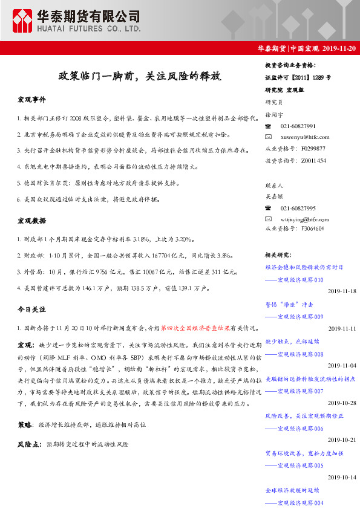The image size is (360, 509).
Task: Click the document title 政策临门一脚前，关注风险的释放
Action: [139, 76]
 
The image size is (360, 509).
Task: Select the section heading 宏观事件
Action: [31, 99]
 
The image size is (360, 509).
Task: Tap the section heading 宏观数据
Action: [31, 221]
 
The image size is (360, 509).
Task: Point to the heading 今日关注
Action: [31, 310]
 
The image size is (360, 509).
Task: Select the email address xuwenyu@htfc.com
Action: [305, 137]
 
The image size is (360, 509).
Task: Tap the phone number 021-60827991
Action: [298, 126]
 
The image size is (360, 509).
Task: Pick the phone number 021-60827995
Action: [298, 207]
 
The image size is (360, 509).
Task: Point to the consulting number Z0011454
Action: [312, 160]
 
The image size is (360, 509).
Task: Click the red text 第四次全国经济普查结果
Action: [195, 328]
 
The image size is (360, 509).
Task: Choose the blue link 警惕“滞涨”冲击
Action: [289, 305]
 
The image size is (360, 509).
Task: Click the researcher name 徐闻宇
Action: [275, 114]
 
